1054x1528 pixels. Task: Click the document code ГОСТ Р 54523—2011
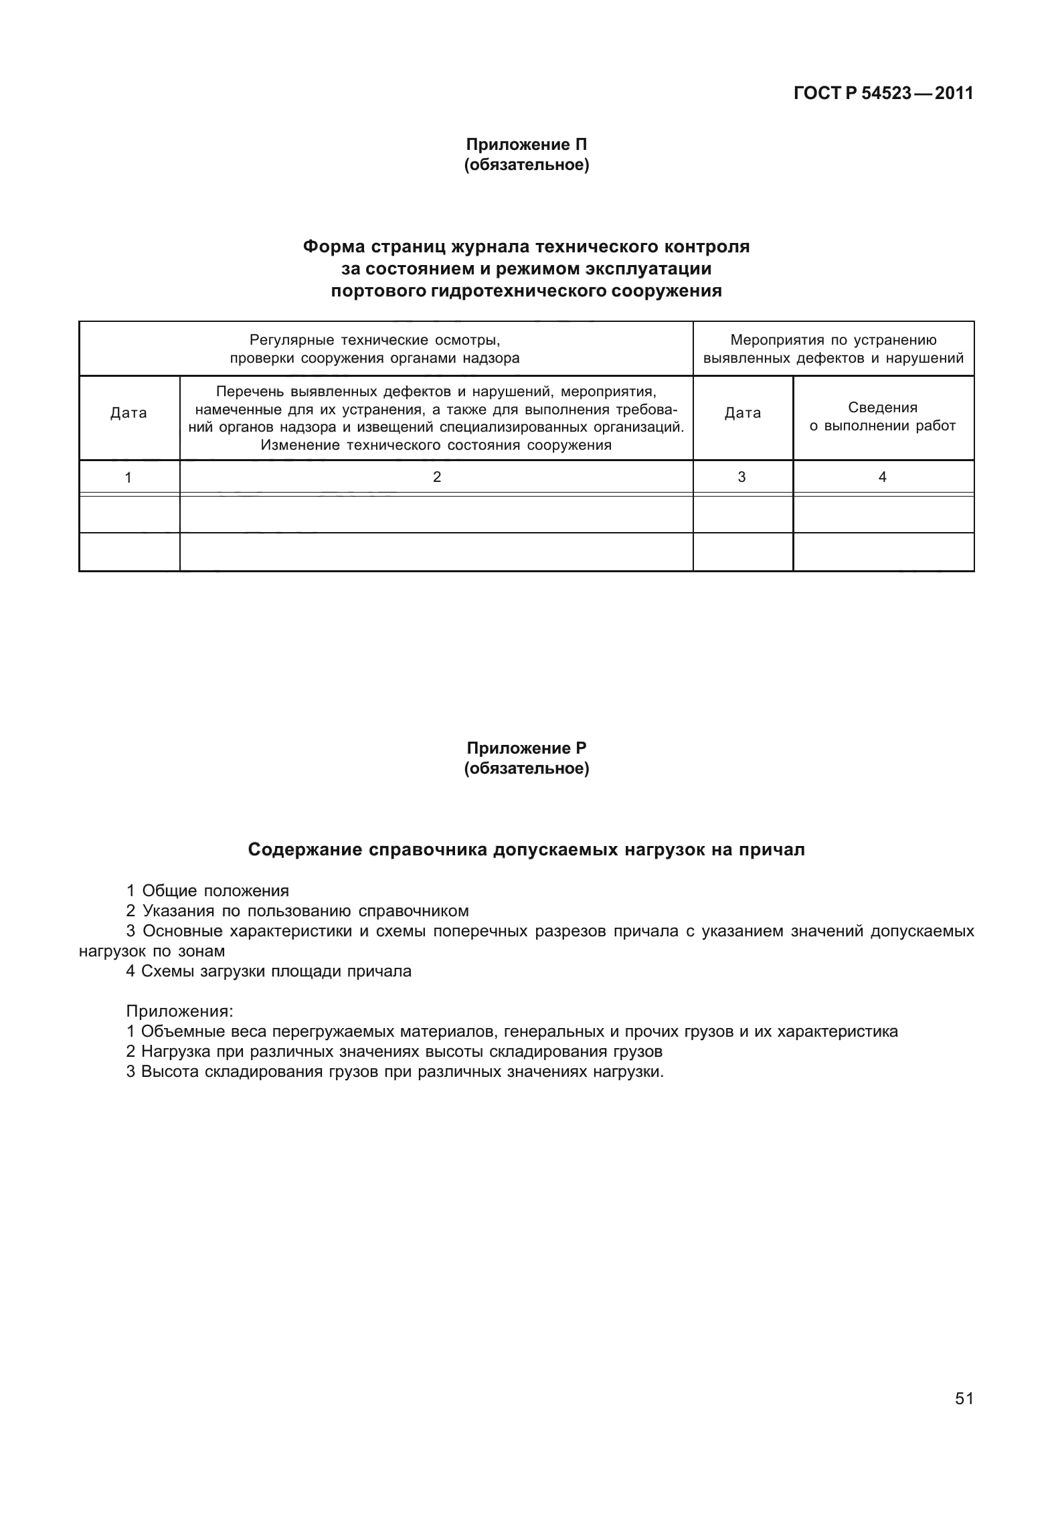(883, 94)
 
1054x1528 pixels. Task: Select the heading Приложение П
(526, 145)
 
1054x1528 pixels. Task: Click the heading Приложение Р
(526, 748)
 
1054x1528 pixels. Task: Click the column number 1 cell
(128, 477)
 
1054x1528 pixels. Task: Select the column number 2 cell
(436, 477)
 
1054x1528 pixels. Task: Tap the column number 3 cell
(741, 477)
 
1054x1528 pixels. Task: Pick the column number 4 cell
(882, 477)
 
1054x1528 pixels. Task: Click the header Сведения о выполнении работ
(882, 417)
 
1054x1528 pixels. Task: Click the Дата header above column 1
(128, 413)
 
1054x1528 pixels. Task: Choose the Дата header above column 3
(742, 413)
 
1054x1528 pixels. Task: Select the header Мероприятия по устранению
(833, 340)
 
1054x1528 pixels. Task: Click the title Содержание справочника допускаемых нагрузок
(526, 850)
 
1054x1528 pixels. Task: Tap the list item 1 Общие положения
(207, 891)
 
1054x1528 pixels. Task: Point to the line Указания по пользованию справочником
(297, 911)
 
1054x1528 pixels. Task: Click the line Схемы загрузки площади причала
(268, 971)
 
